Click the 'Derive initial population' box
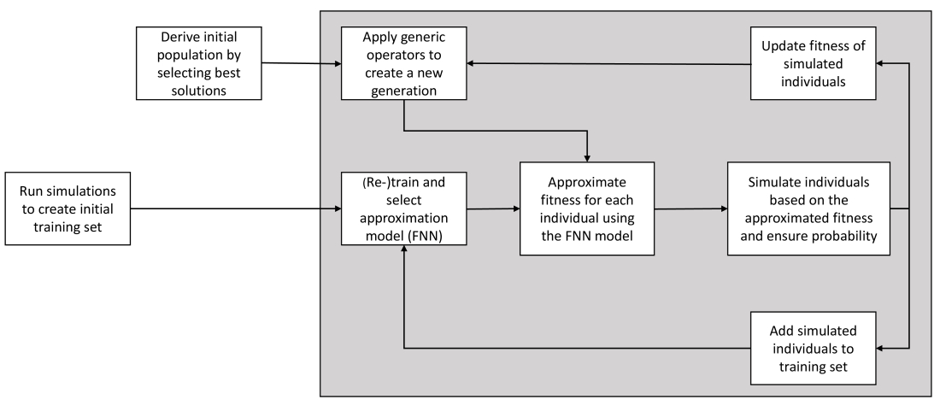199,63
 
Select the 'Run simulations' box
68,208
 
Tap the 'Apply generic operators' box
404,63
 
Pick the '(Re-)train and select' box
404,208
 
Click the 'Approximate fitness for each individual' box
587,208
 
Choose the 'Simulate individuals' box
808,208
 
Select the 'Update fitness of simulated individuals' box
814,63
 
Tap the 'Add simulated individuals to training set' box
814,348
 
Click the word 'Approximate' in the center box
587,181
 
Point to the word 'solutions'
199,91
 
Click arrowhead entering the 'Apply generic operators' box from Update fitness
471,63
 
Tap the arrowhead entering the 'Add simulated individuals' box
880,348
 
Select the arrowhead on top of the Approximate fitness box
588,158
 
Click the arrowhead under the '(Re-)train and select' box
404,249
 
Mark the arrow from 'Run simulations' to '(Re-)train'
236,208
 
